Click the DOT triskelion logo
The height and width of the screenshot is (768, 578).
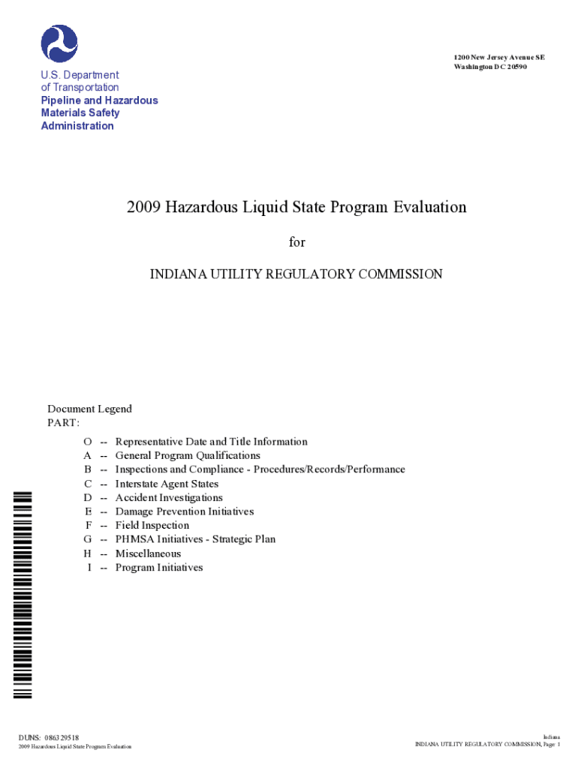coord(59,43)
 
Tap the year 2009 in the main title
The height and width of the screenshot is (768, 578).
coord(144,207)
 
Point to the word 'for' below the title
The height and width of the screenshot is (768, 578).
coord(298,242)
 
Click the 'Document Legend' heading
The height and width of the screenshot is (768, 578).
coord(89,409)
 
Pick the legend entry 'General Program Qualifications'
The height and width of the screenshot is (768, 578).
coord(188,455)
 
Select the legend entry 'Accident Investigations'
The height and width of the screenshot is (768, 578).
coord(169,497)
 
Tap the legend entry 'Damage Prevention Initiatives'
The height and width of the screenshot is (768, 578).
coord(185,511)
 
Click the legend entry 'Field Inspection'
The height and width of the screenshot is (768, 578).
coord(152,525)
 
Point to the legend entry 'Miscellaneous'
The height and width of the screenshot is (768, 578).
coord(148,553)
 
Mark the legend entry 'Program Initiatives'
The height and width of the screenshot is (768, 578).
coord(159,568)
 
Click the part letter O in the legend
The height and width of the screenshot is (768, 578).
coord(88,442)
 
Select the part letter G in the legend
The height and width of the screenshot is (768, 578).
coord(88,539)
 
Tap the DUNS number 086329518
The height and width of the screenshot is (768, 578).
coord(62,738)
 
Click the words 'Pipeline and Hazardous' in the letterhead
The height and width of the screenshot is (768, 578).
coord(99,100)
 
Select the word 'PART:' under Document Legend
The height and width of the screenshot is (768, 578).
coord(64,423)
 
